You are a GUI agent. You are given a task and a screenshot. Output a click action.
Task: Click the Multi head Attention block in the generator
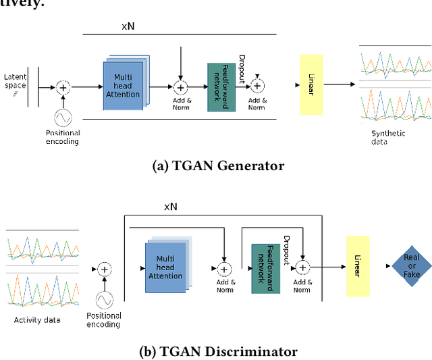tap(122, 87)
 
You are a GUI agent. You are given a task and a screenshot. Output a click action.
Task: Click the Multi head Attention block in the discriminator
tap(165, 267)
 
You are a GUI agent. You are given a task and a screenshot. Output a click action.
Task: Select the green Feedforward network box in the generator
tap(221, 87)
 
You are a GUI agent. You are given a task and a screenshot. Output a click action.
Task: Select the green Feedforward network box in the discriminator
tap(265, 268)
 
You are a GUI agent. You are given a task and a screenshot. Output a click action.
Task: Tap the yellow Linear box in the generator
tap(311, 84)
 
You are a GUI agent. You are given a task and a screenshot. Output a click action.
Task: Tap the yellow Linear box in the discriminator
tap(358, 266)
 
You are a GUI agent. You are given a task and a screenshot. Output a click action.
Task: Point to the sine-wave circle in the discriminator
tap(104, 299)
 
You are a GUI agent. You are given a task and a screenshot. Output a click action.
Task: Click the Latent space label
tap(15, 81)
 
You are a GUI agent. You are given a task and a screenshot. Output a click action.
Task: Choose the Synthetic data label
tap(388, 137)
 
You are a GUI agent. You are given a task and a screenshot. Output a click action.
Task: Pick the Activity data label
tap(37, 319)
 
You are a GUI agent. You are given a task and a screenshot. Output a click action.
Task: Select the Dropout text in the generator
tap(242, 68)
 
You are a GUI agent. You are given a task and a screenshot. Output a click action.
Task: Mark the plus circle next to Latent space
tap(63, 87)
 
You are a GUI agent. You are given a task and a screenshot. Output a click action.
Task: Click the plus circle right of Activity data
tap(104, 269)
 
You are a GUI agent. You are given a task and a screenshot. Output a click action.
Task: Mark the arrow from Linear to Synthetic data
tap(342, 85)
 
